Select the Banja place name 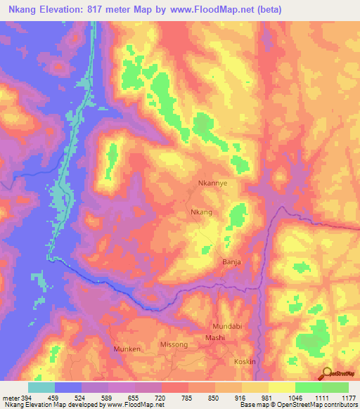coord(232,261)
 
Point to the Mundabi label coord(227,327)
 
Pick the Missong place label coord(174,345)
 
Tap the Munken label coord(127,349)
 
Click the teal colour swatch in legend coord(41,387)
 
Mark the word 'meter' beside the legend coord(9,397)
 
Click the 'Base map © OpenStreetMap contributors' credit coord(297,405)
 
